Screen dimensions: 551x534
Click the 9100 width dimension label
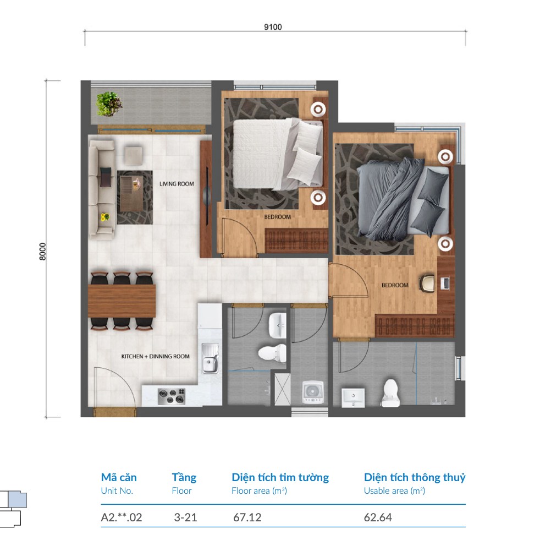point(273,27)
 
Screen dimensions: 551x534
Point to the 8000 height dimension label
point(42,252)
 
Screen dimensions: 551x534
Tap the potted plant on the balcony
point(109,104)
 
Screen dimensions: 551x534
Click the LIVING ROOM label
point(177,184)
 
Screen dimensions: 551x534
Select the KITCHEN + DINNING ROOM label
point(155,356)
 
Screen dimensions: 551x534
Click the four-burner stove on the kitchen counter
point(172,396)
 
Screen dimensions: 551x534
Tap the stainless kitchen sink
point(210,358)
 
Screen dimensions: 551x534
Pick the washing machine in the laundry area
point(313,392)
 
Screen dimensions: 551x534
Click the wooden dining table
point(122,301)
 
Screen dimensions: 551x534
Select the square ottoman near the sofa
point(134,156)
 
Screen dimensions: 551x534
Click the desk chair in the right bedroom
point(427,284)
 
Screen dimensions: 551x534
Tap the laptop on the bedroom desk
point(445,283)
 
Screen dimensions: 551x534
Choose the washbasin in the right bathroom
point(353,397)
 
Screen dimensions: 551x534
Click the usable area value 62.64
point(378,517)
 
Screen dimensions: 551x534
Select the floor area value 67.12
point(247,517)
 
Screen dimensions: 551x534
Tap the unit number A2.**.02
point(121,517)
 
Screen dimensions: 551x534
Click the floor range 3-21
point(185,517)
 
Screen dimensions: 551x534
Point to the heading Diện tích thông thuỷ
point(415,477)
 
